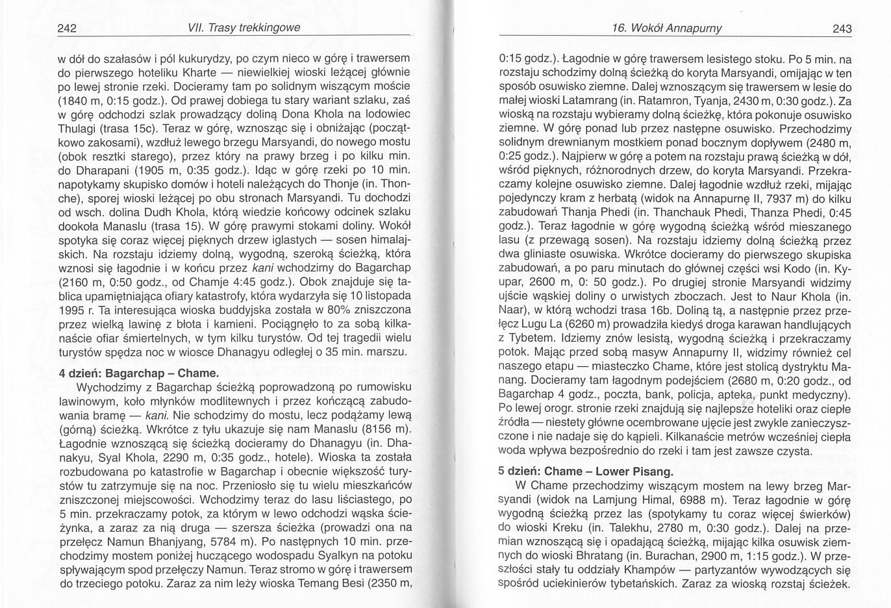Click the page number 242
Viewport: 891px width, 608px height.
tap(68, 28)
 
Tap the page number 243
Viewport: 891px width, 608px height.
tap(840, 29)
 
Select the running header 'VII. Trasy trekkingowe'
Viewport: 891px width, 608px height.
tap(234, 28)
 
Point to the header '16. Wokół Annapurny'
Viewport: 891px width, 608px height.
tap(667, 29)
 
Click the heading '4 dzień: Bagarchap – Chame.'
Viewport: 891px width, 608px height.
tap(138, 374)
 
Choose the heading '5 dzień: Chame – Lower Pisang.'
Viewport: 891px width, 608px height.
tap(586, 471)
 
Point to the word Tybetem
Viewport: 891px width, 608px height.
tap(532, 338)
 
